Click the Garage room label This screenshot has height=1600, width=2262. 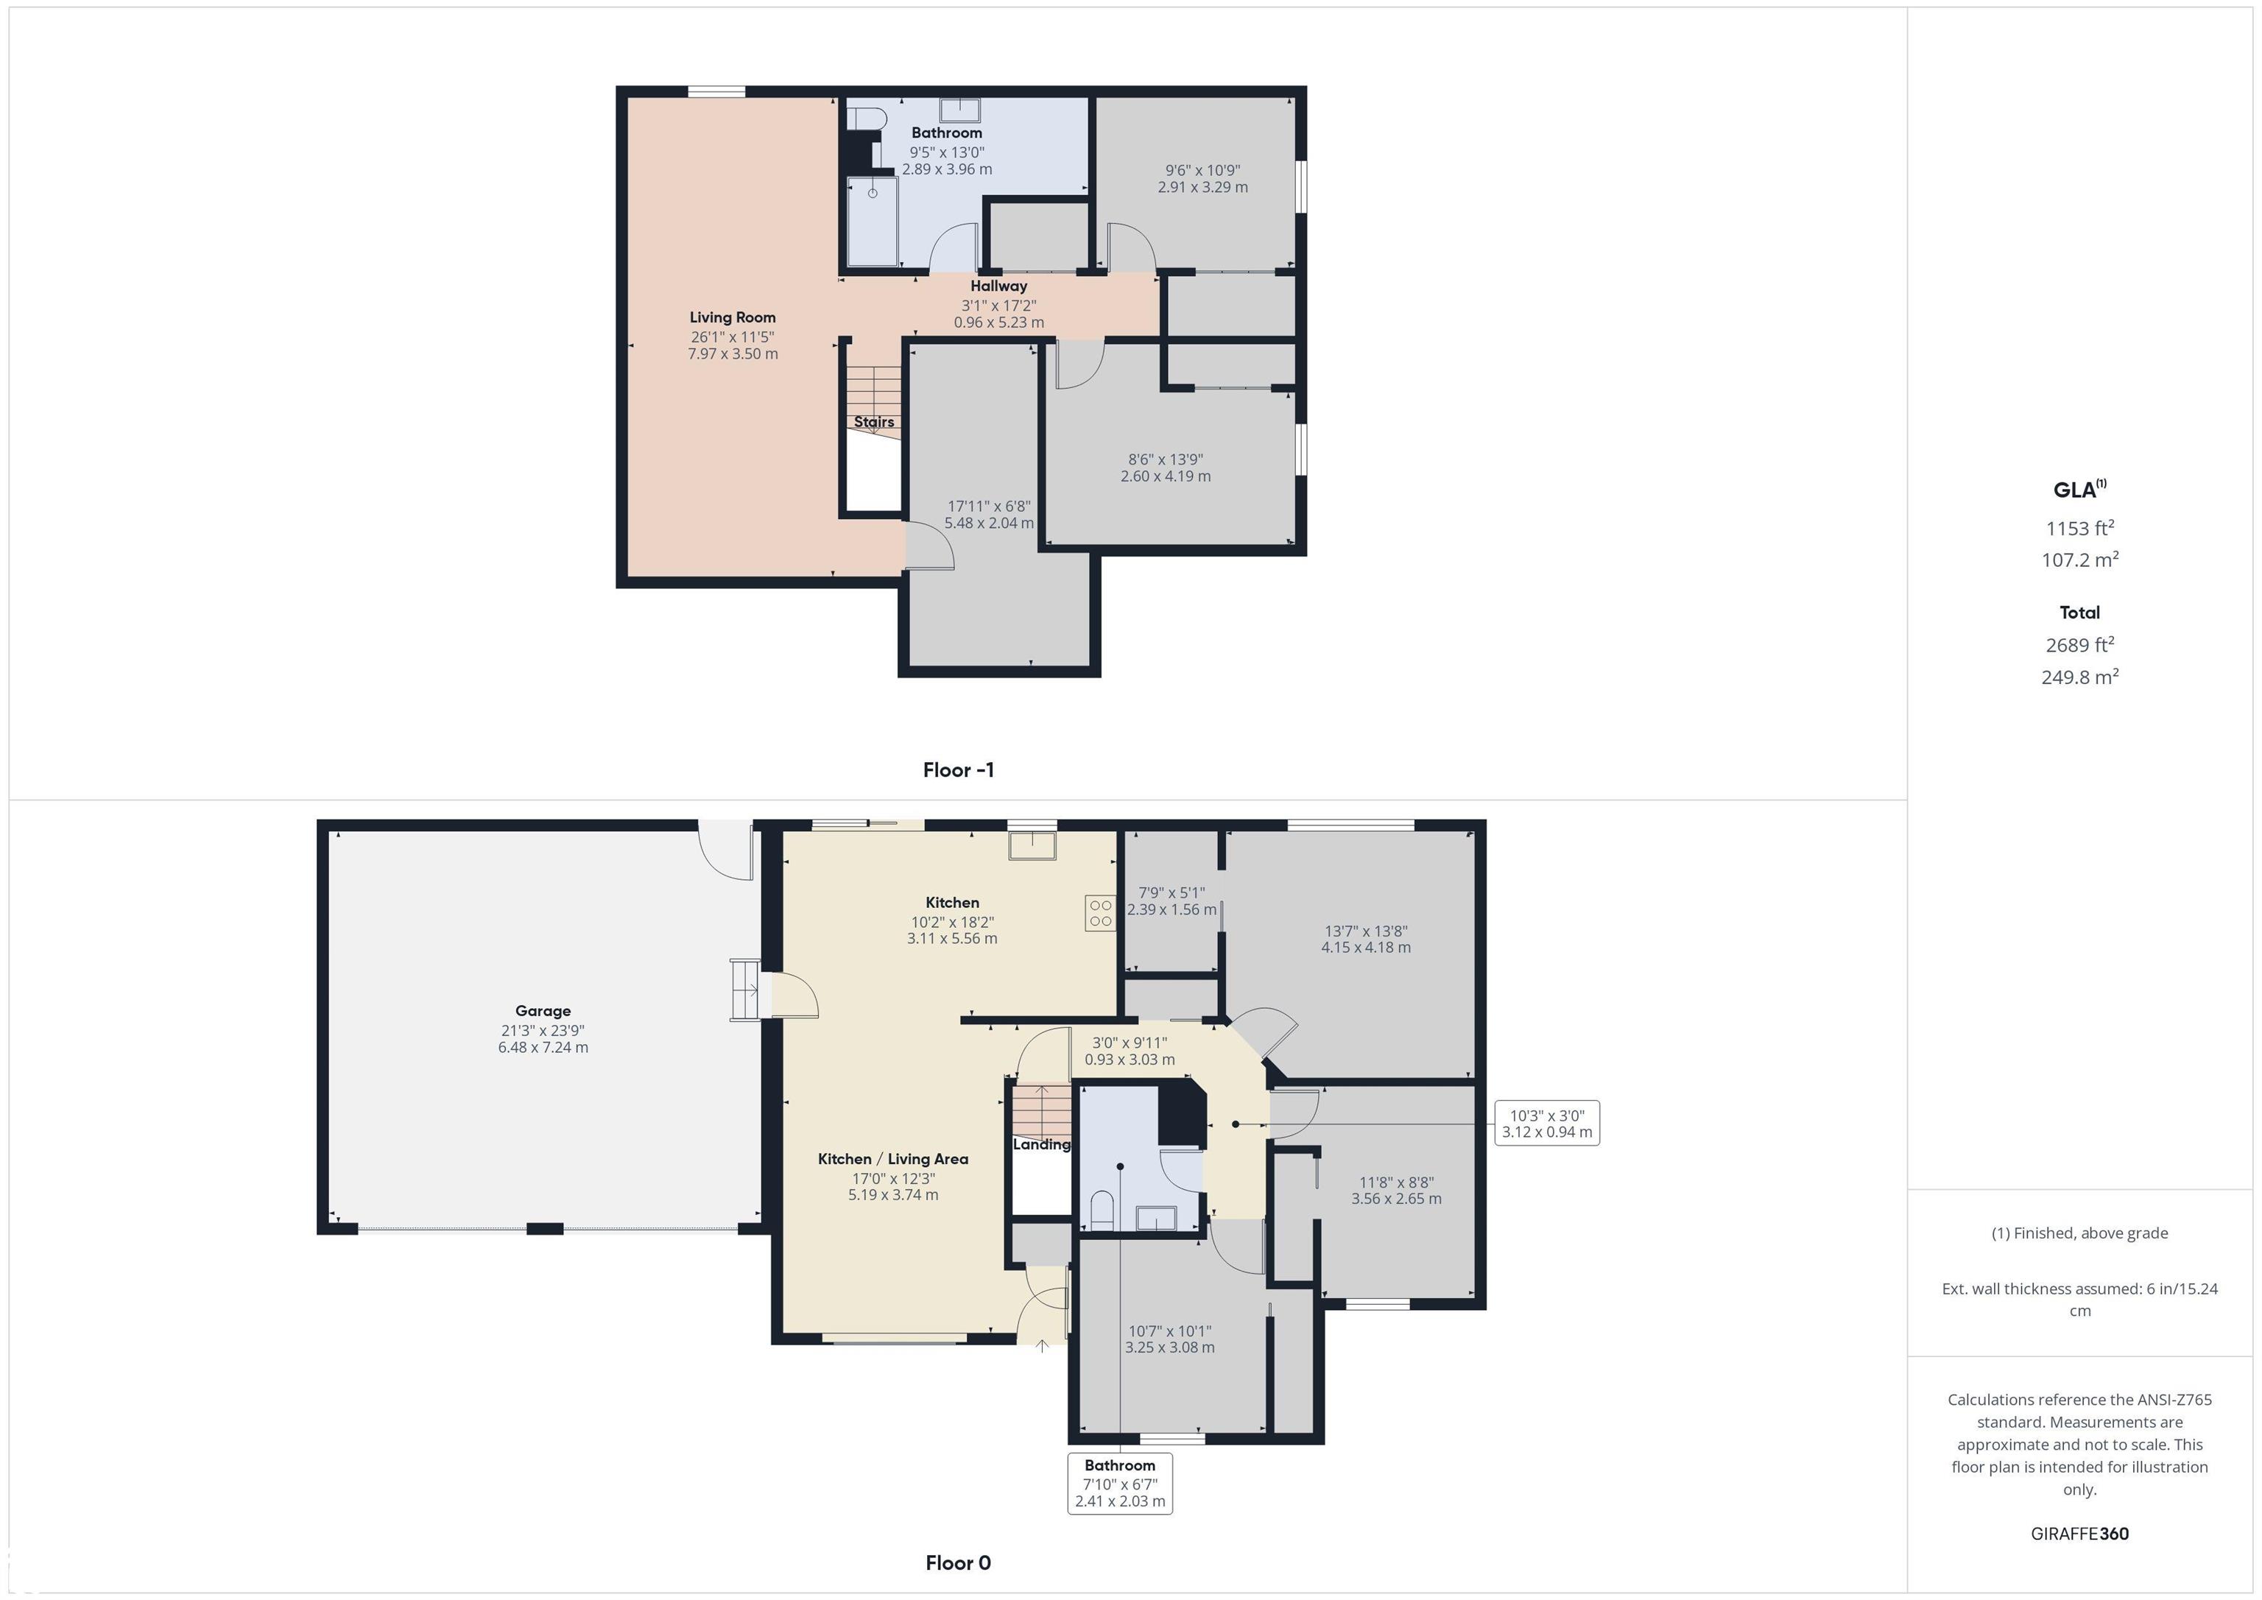(543, 1011)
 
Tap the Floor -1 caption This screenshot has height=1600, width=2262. (959, 770)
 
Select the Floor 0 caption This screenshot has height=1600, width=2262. (959, 1562)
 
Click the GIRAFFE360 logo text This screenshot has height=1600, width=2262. (2079, 1534)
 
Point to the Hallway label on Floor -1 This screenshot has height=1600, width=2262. (999, 286)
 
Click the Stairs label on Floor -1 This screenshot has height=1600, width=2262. (874, 422)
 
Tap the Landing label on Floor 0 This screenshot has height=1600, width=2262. (1041, 1145)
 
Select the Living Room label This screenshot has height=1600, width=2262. (733, 317)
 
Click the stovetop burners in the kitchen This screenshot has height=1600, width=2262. (1101, 912)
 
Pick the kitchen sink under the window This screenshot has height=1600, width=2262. (1032, 845)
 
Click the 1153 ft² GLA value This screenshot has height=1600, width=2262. (2079, 528)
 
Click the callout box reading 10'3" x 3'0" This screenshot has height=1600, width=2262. (1547, 1123)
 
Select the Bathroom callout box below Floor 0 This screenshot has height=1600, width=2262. (1120, 1483)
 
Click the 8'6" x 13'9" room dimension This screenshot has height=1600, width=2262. (1166, 459)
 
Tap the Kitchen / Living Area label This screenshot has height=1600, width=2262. (892, 1160)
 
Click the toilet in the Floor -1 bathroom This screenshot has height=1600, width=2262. (866, 119)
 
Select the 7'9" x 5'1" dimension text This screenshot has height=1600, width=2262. (1171, 892)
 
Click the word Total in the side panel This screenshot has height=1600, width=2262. (2079, 613)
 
